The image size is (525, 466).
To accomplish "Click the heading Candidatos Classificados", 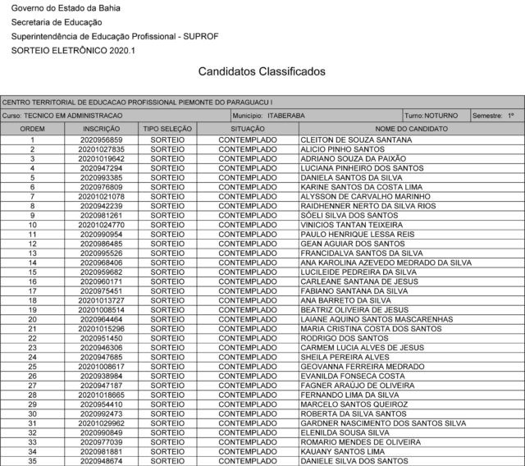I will click(x=262, y=72).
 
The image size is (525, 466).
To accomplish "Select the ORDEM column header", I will click(x=32, y=130).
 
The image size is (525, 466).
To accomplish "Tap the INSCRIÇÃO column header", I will click(x=102, y=130).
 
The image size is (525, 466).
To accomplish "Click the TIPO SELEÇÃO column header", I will click(x=167, y=130).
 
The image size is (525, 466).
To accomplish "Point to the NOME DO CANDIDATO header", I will click(x=411, y=130).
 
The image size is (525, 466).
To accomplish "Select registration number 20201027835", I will click(x=102, y=149).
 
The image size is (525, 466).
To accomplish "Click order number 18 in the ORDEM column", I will click(x=32, y=300).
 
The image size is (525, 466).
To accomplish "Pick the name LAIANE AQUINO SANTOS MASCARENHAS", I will click(x=377, y=319).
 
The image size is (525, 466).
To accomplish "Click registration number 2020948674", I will click(x=102, y=460).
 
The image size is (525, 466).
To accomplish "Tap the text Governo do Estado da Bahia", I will click(x=57, y=8).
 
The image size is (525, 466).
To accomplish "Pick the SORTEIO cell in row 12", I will click(x=167, y=244).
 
